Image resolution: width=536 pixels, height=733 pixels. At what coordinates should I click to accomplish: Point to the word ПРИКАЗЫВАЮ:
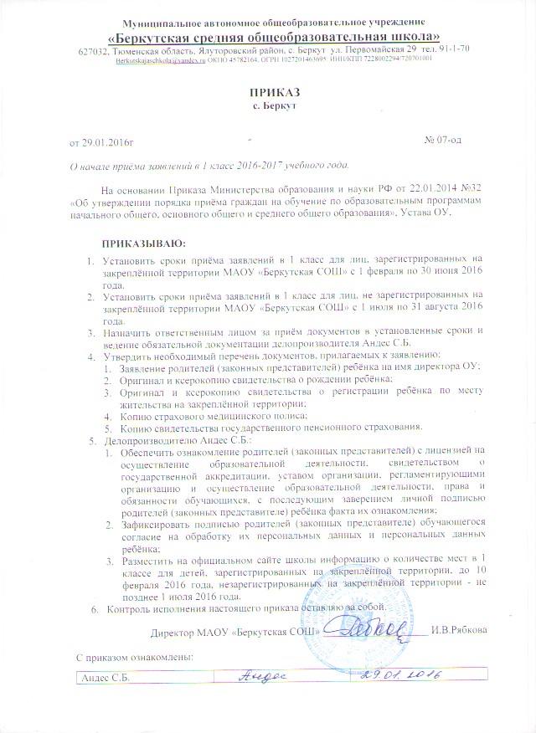pos(143,243)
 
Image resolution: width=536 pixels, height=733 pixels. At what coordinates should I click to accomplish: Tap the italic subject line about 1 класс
pos(209,164)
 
